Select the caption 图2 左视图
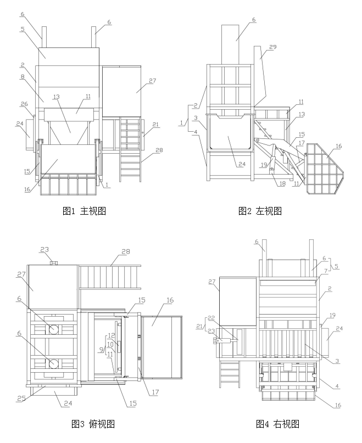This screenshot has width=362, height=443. click(x=260, y=210)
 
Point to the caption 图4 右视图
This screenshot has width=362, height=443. click(x=277, y=423)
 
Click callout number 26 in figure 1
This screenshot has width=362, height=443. click(x=25, y=104)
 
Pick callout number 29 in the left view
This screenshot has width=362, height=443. click(x=273, y=48)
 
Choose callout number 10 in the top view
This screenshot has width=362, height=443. click(x=110, y=344)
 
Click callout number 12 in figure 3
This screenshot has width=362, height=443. click(x=110, y=335)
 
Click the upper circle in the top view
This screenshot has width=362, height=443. click(x=53, y=329)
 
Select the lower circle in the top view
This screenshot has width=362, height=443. click(x=53, y=363)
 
